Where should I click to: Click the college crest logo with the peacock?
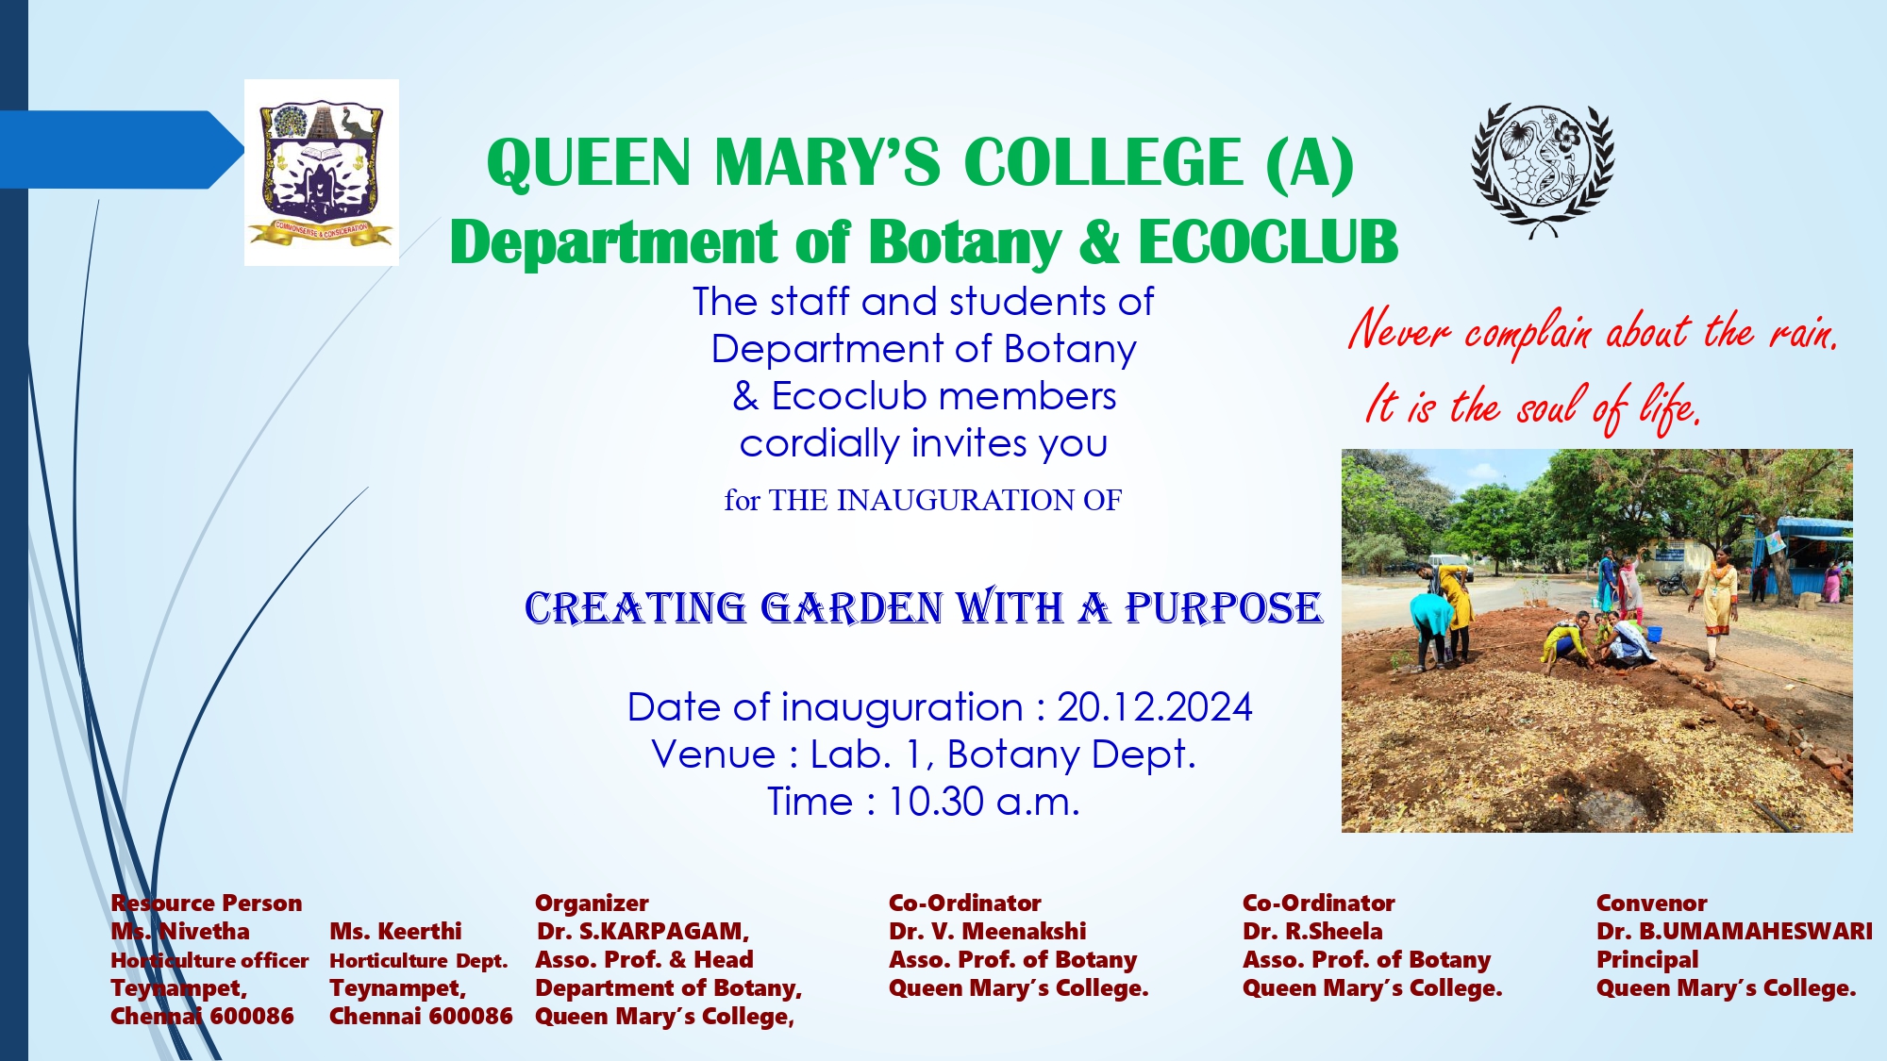(x=322, y=173)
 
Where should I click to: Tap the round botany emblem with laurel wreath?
(x=1543, y=170)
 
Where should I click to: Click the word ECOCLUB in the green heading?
(x=1268, y=242)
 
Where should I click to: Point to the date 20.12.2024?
(x=1154, y=707)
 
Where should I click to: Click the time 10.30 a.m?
(x=984, y=802)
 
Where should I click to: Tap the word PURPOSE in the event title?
(x=1224, y=608)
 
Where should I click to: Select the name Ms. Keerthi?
(x=395, y=932)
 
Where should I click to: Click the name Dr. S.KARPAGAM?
(x=643, y=932)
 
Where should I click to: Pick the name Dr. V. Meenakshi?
(x=987, y=932)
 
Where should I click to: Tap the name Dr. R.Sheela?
(x=1312, y=932)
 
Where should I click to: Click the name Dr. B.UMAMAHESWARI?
(x=1734, y=932)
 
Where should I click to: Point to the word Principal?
(x=1647, y=960)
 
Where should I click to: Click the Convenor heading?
(x=1652, y=904)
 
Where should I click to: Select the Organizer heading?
(x=592, y=904)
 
